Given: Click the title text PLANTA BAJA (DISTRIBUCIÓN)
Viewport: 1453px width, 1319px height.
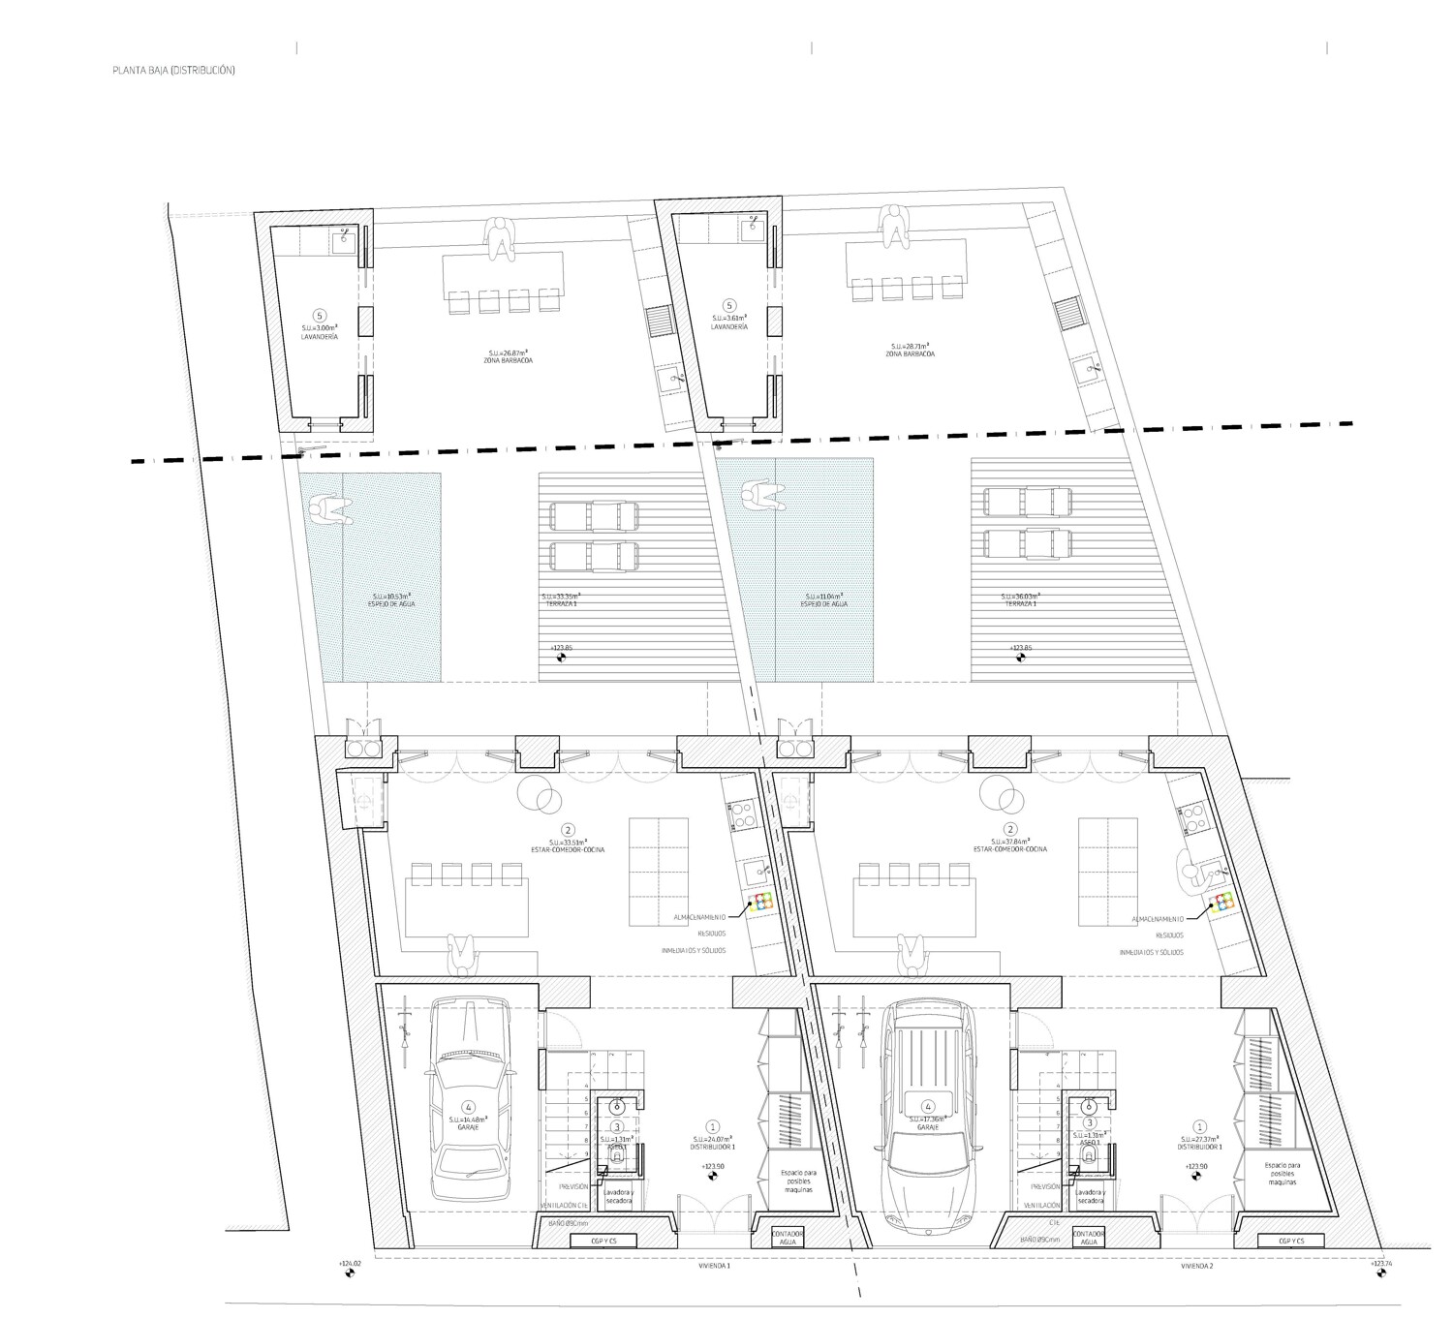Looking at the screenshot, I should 173,71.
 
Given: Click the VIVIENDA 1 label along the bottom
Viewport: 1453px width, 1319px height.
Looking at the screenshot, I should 714,1266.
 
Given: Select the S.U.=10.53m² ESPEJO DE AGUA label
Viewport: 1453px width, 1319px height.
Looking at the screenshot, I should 393,599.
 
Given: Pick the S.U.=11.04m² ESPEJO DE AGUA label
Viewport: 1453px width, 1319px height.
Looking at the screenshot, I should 825,599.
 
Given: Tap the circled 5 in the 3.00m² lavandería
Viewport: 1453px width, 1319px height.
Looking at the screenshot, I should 321,316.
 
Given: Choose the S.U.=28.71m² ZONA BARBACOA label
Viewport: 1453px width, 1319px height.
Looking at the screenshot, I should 911,350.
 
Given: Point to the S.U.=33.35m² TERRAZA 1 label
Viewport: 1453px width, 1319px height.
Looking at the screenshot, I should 565,599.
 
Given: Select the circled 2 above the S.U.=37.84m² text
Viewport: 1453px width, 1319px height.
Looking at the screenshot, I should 1011,829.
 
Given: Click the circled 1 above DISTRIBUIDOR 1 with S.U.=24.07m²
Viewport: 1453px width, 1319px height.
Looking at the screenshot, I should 713,1126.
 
